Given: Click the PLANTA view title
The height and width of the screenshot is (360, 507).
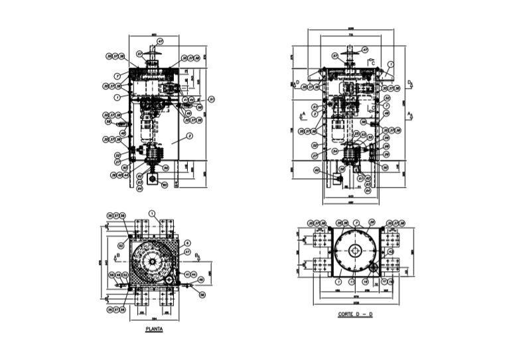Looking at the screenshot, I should (153, 328).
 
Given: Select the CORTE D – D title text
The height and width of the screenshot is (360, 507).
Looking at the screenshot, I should (355, 314).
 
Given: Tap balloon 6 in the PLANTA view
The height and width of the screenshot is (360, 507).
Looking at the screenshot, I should (188, 243).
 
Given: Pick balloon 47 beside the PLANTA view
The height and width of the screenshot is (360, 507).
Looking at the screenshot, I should (188, 252).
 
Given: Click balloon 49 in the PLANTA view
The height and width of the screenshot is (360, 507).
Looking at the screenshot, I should (202, 280).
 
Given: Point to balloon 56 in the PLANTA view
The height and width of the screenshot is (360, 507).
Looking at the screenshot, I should (202, 294).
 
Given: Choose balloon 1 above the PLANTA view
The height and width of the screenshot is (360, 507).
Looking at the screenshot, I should (152, 213).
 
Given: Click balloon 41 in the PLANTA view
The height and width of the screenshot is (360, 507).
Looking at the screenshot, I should (187, 274).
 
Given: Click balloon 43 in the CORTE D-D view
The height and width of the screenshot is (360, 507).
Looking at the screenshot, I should (391, 252).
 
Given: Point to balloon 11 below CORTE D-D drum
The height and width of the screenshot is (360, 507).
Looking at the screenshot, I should (350, 282).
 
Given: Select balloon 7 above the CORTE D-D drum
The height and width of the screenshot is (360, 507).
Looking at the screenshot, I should (356, 223).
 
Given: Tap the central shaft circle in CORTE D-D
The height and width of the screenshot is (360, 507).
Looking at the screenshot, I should (356, 251).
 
